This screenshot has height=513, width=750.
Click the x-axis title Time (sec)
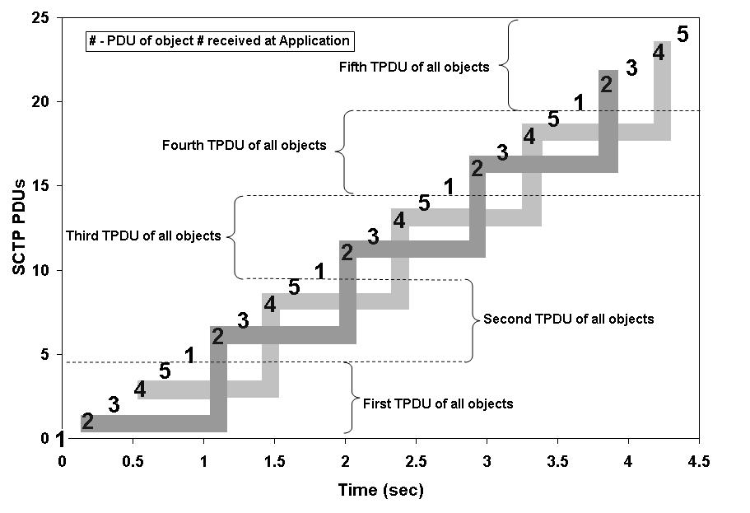click(x=380, y=491)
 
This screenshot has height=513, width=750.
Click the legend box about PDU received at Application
click(x=220, y=40)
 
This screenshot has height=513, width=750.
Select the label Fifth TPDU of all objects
click(x=415, y=67)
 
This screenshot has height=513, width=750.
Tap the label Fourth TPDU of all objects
click(x=245, y=146)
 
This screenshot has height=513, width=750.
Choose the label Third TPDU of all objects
click(x=143, y=236)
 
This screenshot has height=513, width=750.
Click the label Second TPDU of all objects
click(x=569, y=319)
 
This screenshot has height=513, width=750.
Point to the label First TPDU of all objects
click(x=437, y=403)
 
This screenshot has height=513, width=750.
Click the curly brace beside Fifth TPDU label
click(x=510, y=66)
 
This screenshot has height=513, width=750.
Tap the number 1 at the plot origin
click(x=59, y=440)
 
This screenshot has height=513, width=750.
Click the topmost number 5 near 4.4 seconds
click(x=682, y=35)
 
